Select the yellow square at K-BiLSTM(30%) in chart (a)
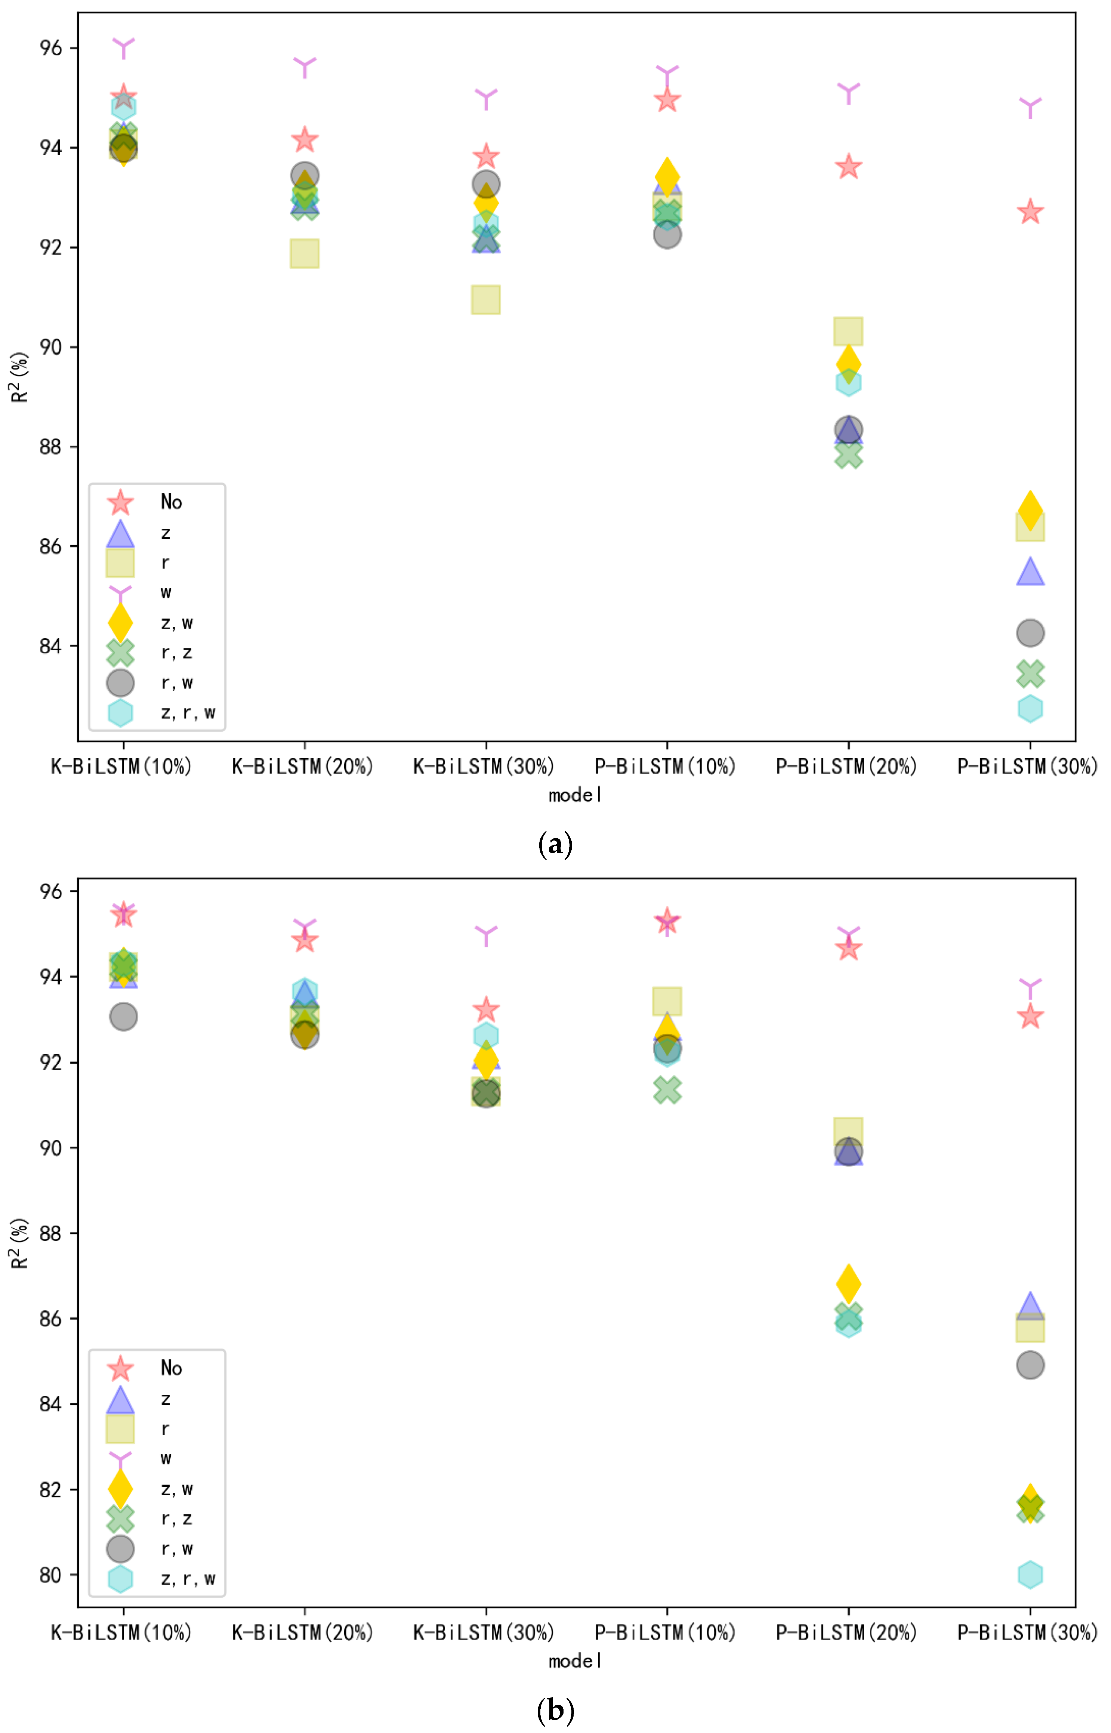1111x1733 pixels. [x=485, y=299]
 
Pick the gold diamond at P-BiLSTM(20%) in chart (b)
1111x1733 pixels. [x=848, y=1284]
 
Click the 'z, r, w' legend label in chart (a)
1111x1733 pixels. [x=188, y=713]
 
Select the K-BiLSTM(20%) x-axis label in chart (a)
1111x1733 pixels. [x=302, y=766]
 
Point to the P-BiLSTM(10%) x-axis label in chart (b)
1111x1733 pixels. [x=664, y=1632]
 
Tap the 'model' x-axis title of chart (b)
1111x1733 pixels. [x=575, y=1661]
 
